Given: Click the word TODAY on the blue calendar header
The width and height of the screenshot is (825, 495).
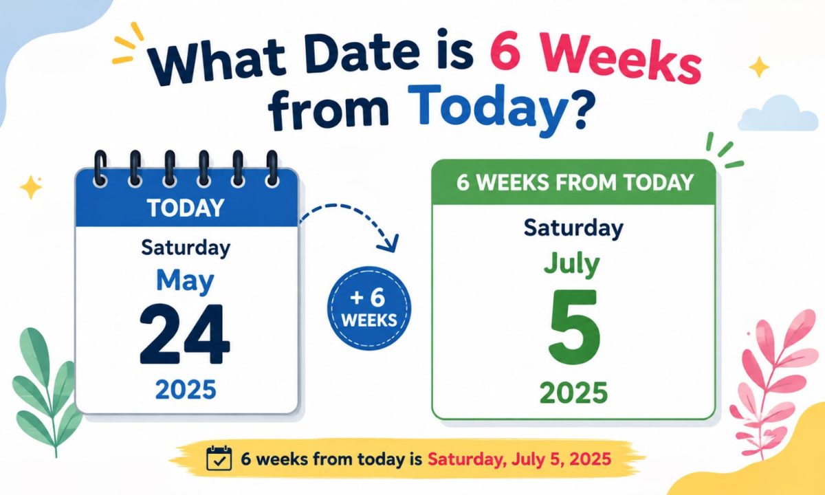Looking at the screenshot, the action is [186, 208].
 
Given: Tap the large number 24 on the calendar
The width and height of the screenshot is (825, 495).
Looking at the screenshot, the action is [184, 334].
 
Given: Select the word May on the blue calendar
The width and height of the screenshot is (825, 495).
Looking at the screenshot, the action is [185, 282].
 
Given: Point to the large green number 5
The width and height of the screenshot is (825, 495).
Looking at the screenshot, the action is [574, 327].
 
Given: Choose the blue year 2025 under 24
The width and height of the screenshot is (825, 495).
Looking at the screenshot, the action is [186, 389].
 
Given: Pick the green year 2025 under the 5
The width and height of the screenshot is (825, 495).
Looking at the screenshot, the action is [573, 393].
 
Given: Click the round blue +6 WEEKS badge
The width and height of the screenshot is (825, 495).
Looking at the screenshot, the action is [369, 308].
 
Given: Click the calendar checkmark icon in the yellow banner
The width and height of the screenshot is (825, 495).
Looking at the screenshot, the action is [219, 458].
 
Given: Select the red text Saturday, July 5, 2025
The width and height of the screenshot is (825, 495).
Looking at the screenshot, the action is [519, 459].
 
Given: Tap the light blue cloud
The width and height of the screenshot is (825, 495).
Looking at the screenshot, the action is [778, 114].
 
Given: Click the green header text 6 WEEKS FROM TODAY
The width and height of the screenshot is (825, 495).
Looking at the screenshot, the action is [575, 182].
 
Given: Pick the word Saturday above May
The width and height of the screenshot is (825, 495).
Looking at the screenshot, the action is [186, 248].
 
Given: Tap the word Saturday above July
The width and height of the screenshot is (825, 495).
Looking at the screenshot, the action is [573, 228].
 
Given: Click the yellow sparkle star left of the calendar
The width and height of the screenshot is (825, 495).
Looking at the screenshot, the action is [30, 187].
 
